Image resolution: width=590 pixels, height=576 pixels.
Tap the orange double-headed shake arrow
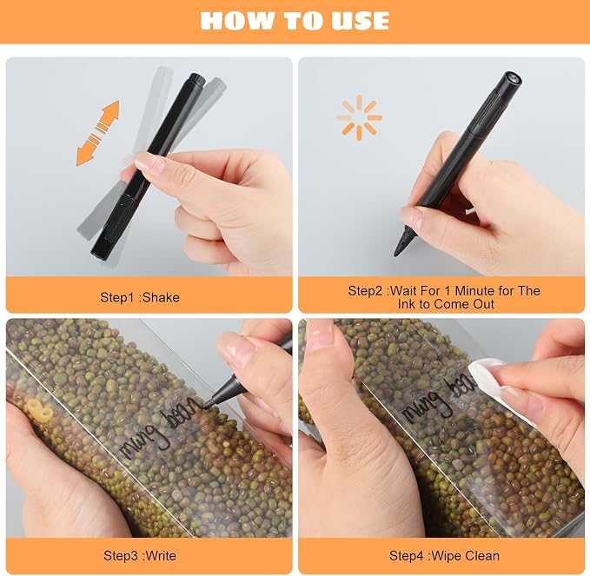(x=98, y=133)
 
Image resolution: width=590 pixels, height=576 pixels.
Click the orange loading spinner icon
(x=359, y=117)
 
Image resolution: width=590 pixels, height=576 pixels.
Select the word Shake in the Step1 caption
(x=161, y=298)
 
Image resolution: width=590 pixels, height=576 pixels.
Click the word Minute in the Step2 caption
(x=473, y=291)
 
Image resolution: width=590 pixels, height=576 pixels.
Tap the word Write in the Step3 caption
(x=161, y=556)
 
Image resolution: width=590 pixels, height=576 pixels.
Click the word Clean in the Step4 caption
(x=482, y=556)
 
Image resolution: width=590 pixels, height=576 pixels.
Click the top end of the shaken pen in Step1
(x=196, y=78)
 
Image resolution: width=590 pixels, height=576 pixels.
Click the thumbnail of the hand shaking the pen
(x=149, y=167)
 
